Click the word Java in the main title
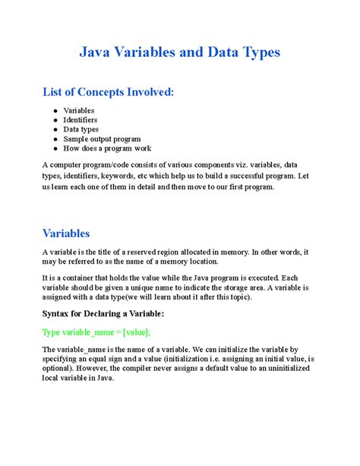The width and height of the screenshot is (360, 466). [x=97, y=52]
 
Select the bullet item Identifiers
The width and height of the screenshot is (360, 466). [x=80, y=120]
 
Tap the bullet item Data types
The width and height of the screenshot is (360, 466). [x=81, y=129]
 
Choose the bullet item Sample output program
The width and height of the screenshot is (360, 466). [x=102, y=139]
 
